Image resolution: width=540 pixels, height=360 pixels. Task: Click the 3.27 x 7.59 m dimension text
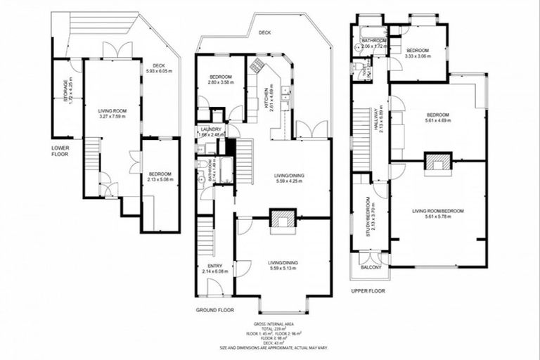coord(111,116)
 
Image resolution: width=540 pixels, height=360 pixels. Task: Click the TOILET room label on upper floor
coord(365,73)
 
